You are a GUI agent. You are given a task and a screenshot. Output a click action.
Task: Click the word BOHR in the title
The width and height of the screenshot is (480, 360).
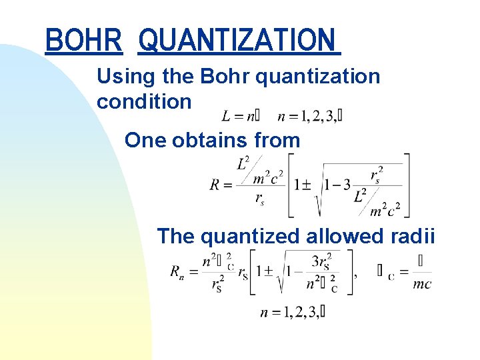point(84,40)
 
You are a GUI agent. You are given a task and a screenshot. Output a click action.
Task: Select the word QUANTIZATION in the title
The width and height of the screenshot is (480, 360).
point(237,40)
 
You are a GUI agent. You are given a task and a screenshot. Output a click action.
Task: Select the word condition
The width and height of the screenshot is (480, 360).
point(144,102)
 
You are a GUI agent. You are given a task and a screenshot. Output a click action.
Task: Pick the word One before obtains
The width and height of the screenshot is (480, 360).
point(146,140)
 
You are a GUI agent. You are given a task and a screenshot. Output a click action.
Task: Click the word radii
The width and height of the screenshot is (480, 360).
point(413,236)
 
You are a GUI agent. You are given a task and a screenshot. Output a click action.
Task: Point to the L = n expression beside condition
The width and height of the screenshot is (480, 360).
point(240,117)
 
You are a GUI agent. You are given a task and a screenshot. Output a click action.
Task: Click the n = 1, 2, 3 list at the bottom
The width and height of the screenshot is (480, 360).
point(293,312)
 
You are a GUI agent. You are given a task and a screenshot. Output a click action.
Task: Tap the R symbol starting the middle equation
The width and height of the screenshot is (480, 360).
point(215,185)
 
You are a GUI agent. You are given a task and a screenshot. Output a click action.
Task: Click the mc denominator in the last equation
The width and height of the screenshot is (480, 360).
point(421,284)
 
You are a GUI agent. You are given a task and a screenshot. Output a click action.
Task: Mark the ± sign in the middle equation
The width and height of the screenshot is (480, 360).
point(308,185)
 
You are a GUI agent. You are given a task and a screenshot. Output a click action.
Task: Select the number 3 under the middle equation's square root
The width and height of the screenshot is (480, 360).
point(347,185)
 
